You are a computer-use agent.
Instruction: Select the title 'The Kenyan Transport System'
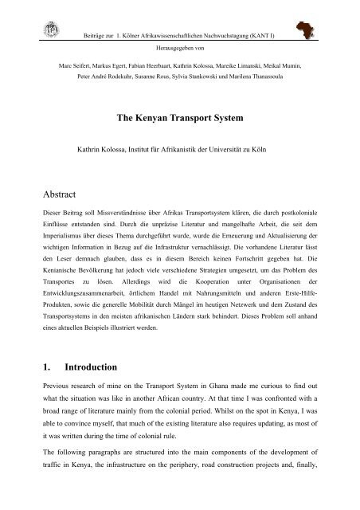pyautogui.click(x=180, y=117)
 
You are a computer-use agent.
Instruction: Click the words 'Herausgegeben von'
pyautogui.click(x=180, y=45)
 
